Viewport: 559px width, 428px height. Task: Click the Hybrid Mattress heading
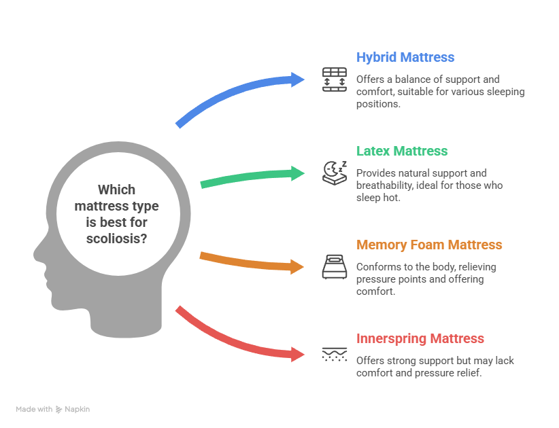[405, 58]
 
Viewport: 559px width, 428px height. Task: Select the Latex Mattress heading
[402, 151]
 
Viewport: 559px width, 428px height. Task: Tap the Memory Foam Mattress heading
[429, 245]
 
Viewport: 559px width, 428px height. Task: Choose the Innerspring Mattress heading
[420, 338]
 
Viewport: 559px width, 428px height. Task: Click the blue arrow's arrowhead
[300, 79]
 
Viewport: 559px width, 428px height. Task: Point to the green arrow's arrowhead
[300, 173]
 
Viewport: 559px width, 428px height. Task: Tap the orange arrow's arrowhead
[299, 266]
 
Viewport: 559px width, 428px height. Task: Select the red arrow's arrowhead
[299, 354]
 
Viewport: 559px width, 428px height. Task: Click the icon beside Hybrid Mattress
[334, 79]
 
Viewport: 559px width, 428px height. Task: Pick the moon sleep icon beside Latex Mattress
[334, 173]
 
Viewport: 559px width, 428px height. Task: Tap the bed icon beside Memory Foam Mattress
[334, 266]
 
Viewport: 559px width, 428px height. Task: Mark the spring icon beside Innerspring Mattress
[334, 354]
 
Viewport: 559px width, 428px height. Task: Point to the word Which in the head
[116, 190]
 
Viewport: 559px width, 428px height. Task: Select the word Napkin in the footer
[78, 409]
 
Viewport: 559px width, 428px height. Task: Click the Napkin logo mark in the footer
[59, 409]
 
